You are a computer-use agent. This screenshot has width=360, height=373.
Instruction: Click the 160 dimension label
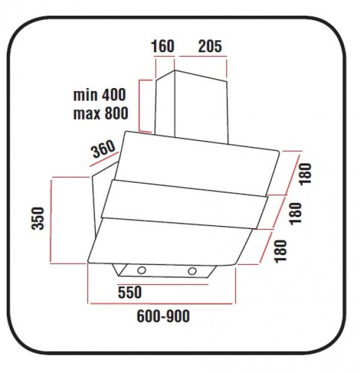pyautogui.click(x=163, y=46)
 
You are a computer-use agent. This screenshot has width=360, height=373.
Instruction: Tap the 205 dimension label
pyautogui.click(x=210, y=46)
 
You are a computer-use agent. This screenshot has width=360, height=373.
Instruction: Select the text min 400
pyautogui.click(x=100, y=95)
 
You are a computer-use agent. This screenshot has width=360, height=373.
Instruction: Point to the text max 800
pyautogui.click(x=100, y=113)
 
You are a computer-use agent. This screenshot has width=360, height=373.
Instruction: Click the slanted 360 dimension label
pyautogui.click(x=103, y=149)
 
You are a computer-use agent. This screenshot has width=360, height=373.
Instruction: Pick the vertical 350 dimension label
pyautogui.click(x=38, y=218)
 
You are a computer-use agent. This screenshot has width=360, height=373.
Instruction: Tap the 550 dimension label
pyautogui.click(x=130, y=292)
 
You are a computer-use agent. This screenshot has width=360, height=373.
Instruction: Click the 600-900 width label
pyautogui.click(x=164, y=316)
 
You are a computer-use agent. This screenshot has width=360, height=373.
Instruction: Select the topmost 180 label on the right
pyautogui.click(x=305, y=174)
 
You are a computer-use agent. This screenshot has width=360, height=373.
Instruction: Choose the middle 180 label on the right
pyautogui.click(x=296, y=213)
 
